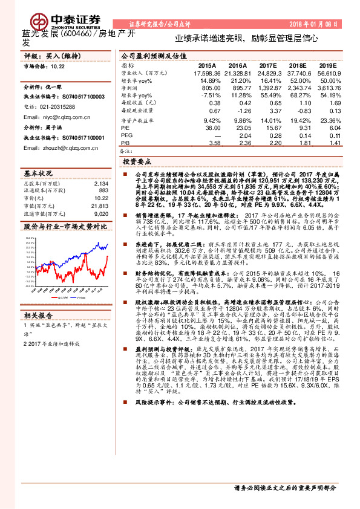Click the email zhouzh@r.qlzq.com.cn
click(x=54, y=148)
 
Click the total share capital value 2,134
click(x=101, y=183)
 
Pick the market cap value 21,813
click(x=100, y=206)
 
